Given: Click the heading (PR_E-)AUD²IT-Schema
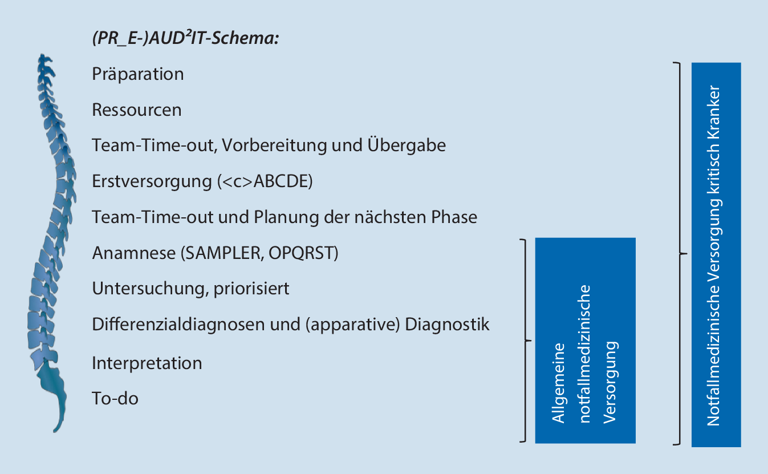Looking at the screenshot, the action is point(185,39).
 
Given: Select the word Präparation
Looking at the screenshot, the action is point(138,74).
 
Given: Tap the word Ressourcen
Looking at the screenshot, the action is point(137,110).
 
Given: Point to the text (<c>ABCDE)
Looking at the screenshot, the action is point(265,181).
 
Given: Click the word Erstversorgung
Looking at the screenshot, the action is point(152,181).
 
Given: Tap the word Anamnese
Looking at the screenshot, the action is point(133,253).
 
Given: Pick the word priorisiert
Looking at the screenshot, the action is point(251,289).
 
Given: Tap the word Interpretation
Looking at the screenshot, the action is point(147,363).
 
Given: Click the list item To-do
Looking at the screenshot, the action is point(115,398).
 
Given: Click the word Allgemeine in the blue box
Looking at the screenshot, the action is point(559,382).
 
